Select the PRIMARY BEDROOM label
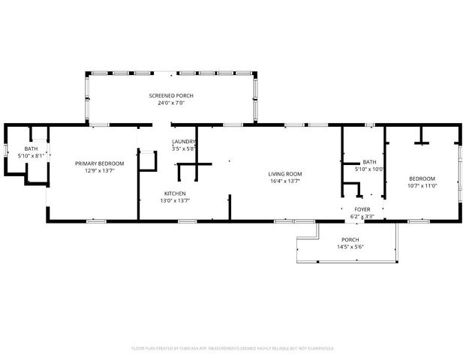click(99, 163)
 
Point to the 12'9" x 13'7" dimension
click(99, 170)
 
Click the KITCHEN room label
click(175, 193)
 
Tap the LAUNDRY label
click(183, 142)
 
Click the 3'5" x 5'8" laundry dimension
click(183, 148)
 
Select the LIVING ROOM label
click(284, 174)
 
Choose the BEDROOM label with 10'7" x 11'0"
click(422, 179)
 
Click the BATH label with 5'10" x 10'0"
click(369, 162)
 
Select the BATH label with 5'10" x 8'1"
click(31, 148)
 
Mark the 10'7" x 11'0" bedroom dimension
click(422, 186)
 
